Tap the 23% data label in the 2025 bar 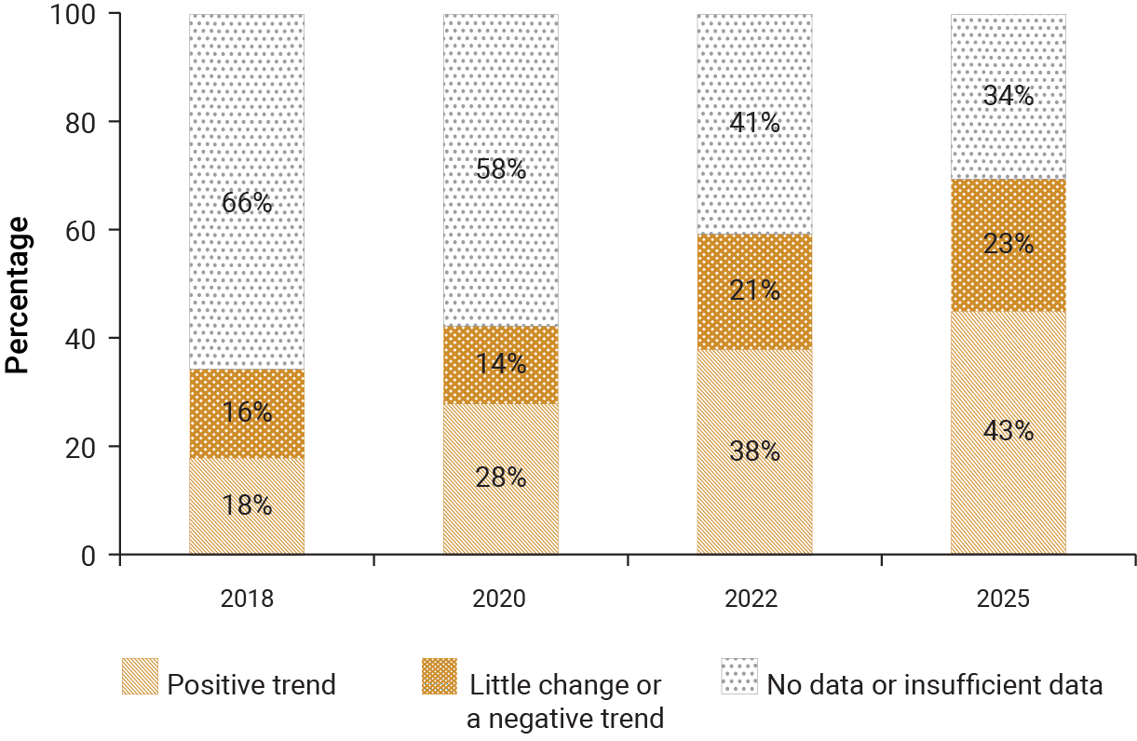pyautogui.click(x=1008, y=244)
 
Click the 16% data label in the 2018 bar pyautogui.click(x=247, y=412)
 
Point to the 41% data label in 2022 pyautogui.click(x=754, y=123)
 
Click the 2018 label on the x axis pyautogui.click(x=247, y=599)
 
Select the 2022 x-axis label pyautogui.click(x=754, y=599)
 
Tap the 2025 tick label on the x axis pyautogui.click(x=1008, y=599)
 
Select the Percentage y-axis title pyautogui.click(x=18, y=294)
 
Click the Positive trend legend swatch pyautogui.click(x=140, y=677)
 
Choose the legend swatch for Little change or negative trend pyautogui.click(x=440, y=677)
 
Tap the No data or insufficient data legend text pyautogui.click(x=934, y=686)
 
